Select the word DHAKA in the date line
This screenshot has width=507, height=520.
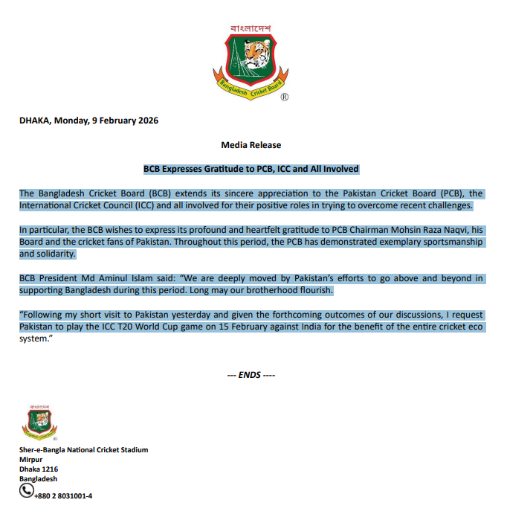pyautogui.click(x=33, y=121)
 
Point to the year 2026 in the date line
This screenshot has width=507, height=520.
pyautogui.click(x=146, y=121)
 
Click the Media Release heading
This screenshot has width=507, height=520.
pyautogui.click(x=251, y=144)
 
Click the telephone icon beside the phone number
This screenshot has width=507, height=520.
pyautogui.click(x=26, y=490)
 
